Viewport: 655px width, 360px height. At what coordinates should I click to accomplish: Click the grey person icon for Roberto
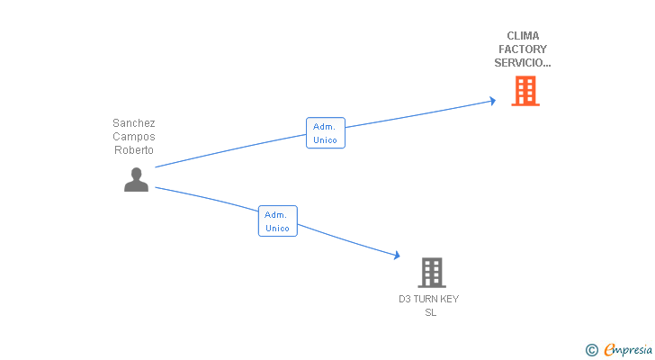[136, 180]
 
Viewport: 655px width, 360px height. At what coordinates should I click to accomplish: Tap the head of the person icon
[136, 174]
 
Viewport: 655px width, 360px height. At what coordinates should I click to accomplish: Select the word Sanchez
[134, 123]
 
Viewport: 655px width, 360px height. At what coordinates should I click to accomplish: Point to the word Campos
[134, 137]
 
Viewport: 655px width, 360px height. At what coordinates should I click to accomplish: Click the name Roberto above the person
[134, 150]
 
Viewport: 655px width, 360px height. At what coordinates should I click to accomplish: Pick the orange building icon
[525, 91]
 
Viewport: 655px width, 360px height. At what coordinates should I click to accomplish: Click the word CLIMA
[523, 36]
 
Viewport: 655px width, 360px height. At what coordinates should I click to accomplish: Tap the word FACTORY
[523, 49]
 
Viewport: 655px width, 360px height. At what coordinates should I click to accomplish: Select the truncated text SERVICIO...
[523, 63]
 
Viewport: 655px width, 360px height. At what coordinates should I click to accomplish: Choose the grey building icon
[432, 272]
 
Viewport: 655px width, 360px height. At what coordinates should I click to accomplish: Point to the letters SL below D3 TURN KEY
[430, 312]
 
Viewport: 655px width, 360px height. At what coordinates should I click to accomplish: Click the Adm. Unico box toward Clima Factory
[325, 133]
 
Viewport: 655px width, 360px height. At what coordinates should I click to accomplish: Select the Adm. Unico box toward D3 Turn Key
[277, 221]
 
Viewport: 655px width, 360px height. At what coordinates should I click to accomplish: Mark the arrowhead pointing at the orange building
[491, 101]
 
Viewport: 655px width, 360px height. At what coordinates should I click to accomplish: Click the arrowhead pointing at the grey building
[396, 256]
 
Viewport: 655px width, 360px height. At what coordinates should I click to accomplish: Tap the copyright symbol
[592, 349]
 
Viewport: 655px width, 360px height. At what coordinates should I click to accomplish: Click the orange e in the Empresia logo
[609, 349]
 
